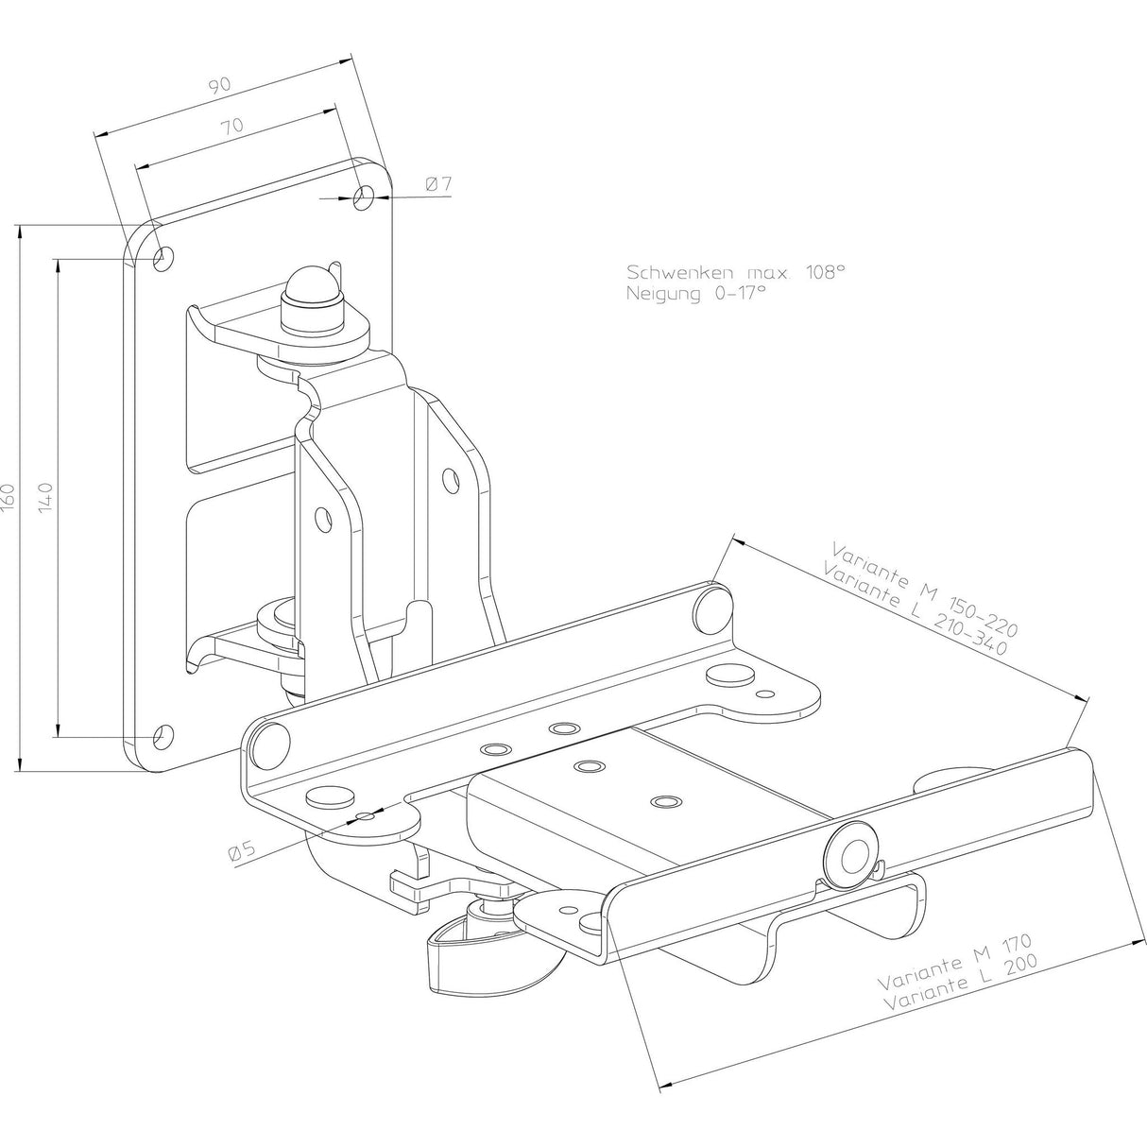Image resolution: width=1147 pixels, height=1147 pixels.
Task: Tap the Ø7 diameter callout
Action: tap(437, 185)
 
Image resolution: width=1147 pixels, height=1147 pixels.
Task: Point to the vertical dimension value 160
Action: tap(9, 497)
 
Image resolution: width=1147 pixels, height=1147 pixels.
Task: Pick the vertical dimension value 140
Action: tap(46, 497)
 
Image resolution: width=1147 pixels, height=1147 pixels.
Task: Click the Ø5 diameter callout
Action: tap(243, 850)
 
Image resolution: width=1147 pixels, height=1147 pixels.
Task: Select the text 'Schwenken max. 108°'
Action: tap(735, 272)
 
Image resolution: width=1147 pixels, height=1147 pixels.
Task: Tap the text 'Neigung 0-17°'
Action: tap(695, 293)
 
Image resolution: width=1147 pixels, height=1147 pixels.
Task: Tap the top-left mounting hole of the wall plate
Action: tap(163, 255)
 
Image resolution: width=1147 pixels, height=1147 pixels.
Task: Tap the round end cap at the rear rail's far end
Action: tap(711, 606)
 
